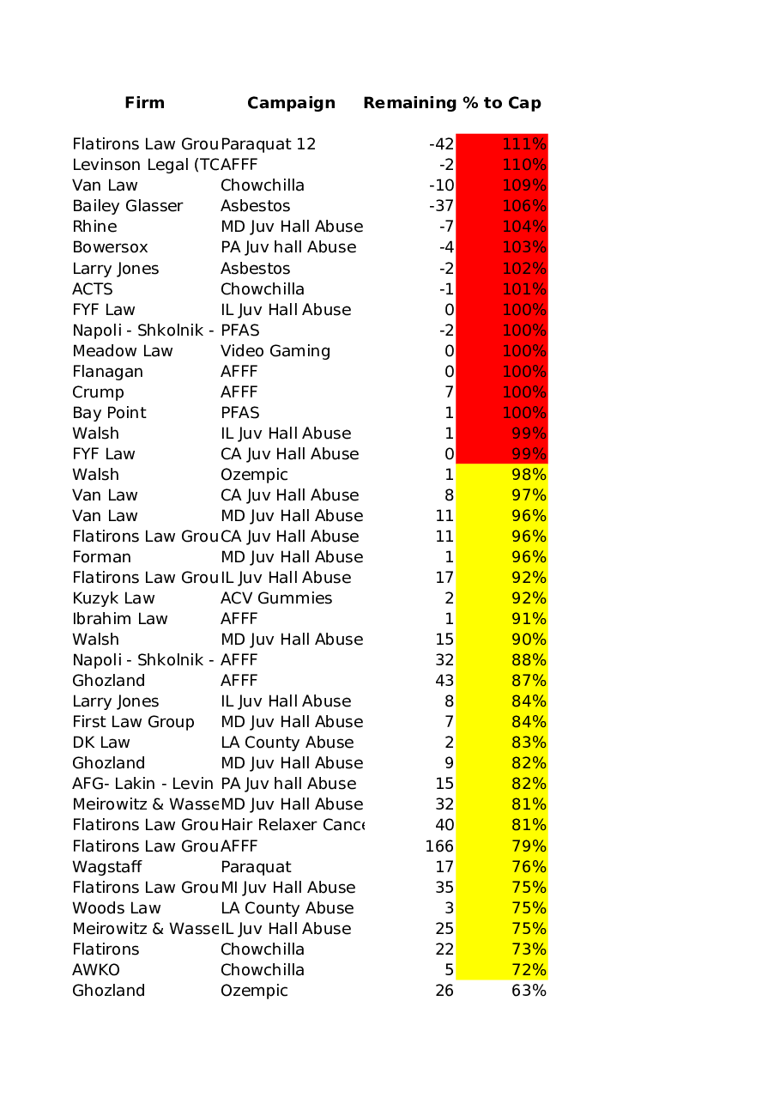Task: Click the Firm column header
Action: [x=144, y=103]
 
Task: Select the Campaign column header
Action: [x=291, y=103]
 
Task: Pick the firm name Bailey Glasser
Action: [x=127, y=206]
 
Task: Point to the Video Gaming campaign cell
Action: [x=275, y=351]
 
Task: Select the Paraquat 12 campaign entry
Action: [x=268, y=144]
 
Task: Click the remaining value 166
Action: [x=439, y=846]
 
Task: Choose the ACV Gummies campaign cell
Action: [x=275, y=598]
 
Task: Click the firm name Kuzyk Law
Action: [x=113, y=598]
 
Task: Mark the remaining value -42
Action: [x=441, y=144]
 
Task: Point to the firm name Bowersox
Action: [x=110, y=247]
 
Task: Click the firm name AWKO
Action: [x=96, y=970]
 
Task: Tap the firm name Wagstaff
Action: [x=107, y=867]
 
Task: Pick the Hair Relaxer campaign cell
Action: [x=292, y=825]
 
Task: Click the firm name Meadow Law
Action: [x=122, y=351]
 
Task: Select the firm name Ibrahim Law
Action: [x=119, y=619]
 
